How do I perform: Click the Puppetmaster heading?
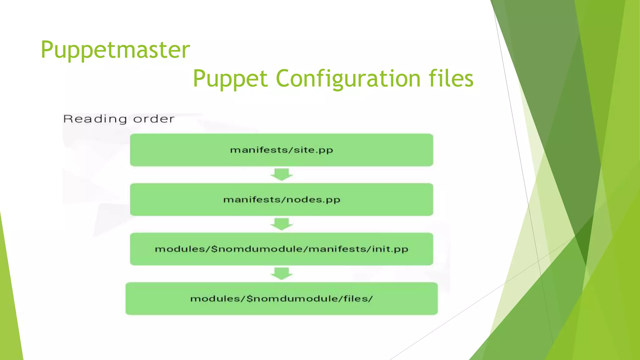click(115, 50)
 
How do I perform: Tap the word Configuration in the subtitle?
click(348, 78)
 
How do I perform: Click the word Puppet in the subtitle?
click(230, 78)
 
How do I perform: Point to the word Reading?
click(95, 119)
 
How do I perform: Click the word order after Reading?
click(154, 119)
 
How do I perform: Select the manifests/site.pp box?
click(281, 150)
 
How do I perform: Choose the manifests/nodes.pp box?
click(281, 199)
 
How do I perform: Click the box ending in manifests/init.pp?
click(281, 249)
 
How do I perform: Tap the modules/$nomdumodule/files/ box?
click(281, 298)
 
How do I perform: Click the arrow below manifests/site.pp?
click(282, 174)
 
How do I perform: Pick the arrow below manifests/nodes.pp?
click(282, 224)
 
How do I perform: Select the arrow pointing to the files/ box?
click(282, 273)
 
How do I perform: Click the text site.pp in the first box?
click(313, 150)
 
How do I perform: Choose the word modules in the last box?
click(215, 299)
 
